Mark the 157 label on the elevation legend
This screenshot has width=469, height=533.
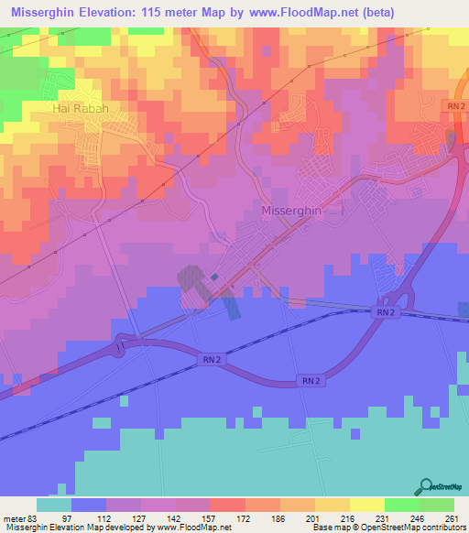click(212, 518)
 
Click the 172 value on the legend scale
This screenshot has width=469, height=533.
click(245, 518)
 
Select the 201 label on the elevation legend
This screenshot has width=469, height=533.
click(313, 518)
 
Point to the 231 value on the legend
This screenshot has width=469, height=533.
click(381, 518)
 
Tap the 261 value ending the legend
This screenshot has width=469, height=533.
click(448, 518)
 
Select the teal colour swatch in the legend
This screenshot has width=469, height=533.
click(54, 505)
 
